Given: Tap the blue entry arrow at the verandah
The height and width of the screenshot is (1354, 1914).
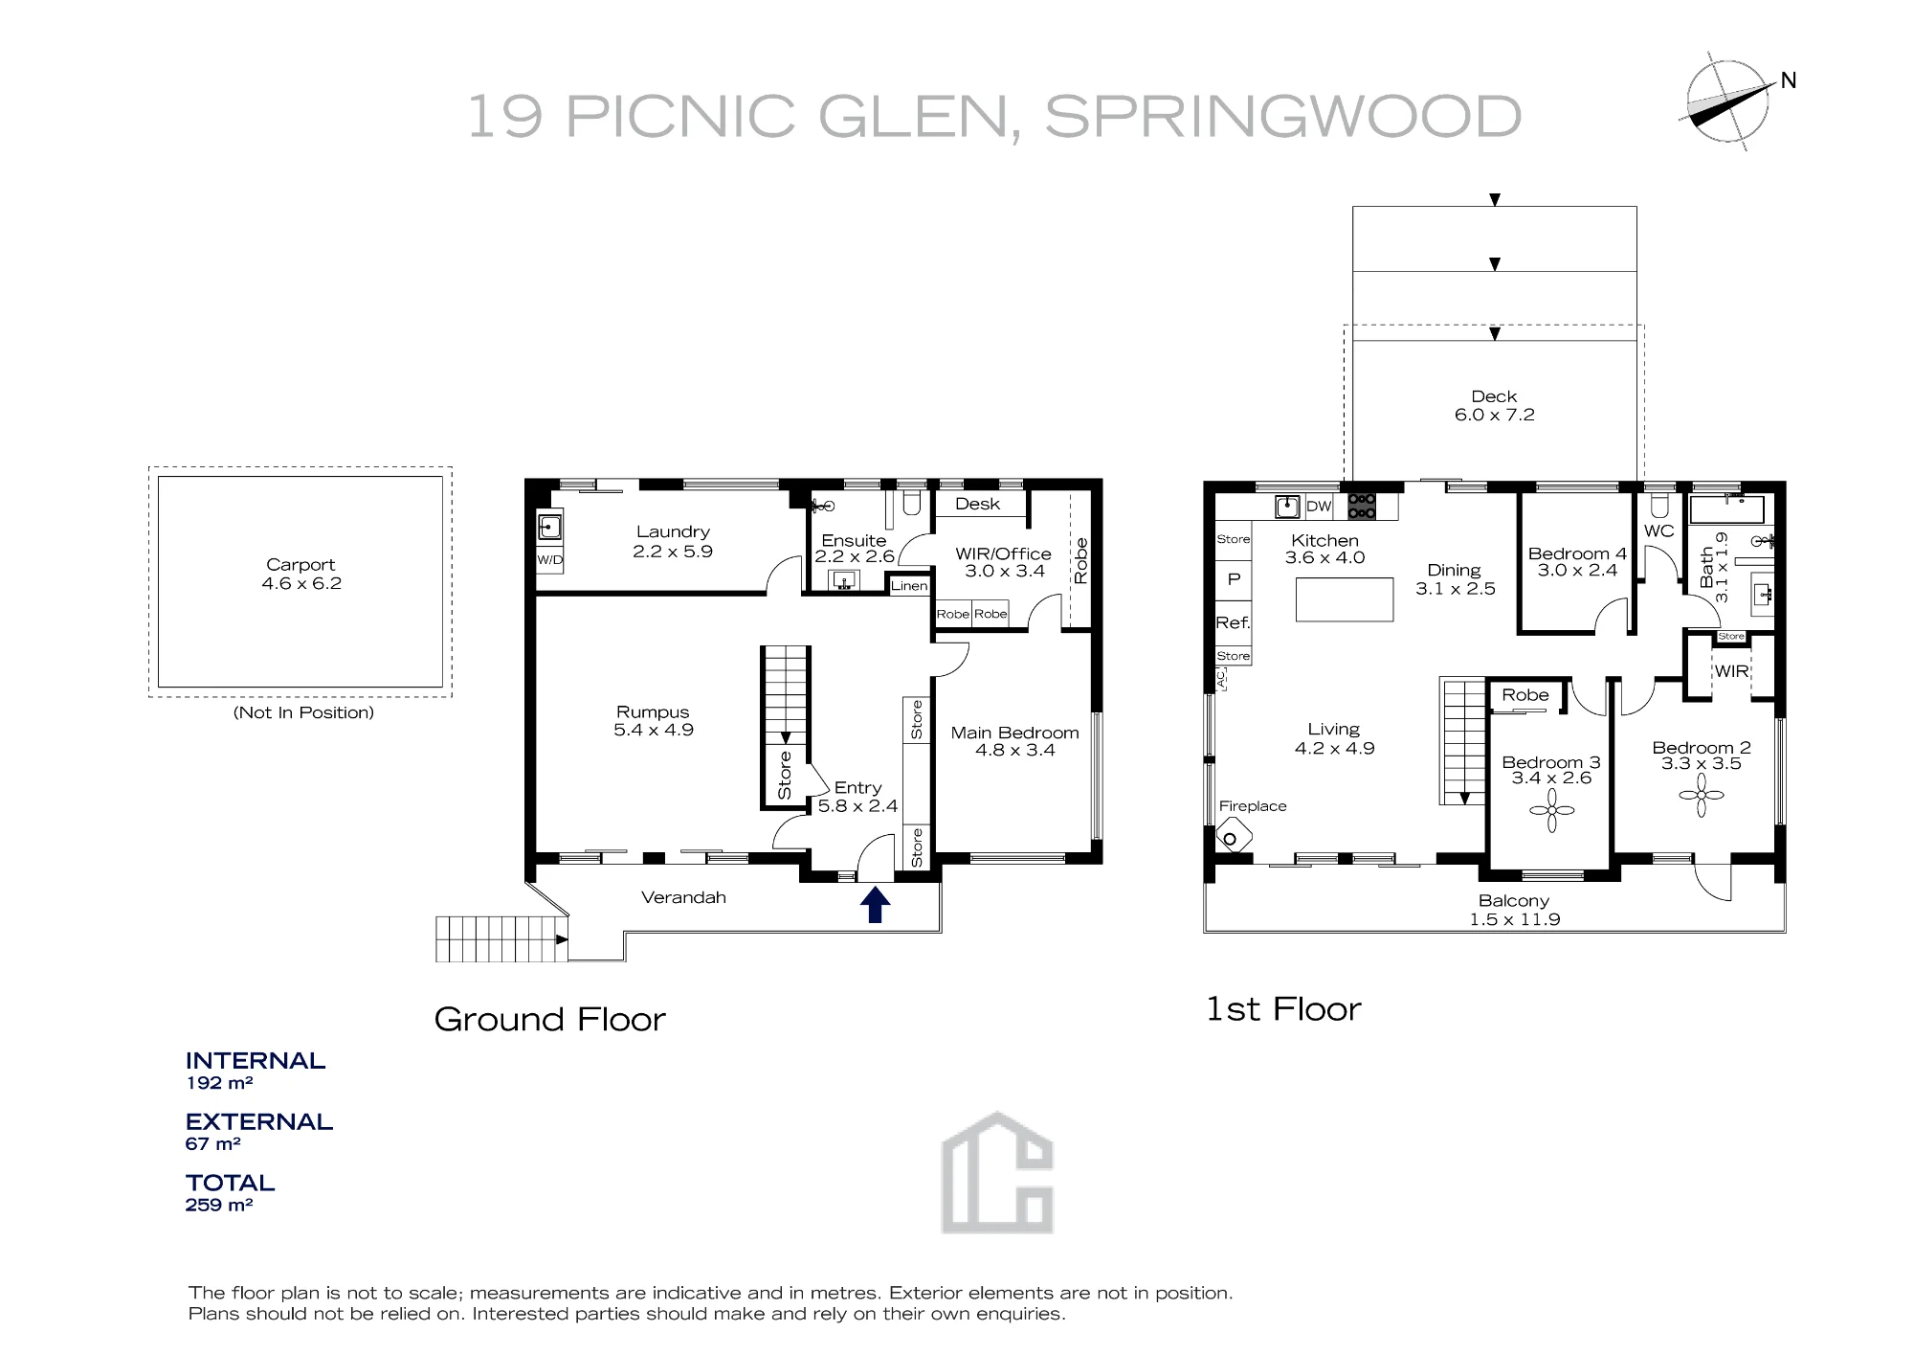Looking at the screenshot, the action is (x=875, y=905).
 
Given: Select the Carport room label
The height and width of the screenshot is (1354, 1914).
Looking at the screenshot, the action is (x=300, y=565).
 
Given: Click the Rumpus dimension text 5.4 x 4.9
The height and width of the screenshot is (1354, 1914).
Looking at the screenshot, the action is (x=654, y=730).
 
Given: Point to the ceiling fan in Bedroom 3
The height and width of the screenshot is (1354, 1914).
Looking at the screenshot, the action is (x=1551, y=810).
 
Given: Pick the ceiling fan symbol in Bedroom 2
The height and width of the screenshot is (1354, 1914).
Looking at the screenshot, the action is (x=1702, y=795).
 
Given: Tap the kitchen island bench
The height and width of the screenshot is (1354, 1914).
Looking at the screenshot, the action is (x=1345, y=599).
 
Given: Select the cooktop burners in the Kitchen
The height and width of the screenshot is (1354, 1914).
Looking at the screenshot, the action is (x=1362, y=506).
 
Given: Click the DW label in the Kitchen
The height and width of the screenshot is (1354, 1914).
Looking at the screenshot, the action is (x=1319, y=507).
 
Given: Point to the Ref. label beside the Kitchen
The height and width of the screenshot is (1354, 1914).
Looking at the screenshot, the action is (x=1233, y=622).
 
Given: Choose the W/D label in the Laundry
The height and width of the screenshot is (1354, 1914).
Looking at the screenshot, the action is (x=549, y=560).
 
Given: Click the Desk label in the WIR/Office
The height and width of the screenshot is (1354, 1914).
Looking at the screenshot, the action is (x=977, y=504).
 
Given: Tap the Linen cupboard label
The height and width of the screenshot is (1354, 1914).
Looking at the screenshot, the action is (x=909, y=586).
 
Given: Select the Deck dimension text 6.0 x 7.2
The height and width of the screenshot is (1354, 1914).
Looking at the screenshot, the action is (x=1495, y=415).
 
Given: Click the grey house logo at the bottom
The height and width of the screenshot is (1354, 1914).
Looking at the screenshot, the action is (x=997, y=1172).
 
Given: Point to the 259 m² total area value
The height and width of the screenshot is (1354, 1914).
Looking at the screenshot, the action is (x=219, y=1205).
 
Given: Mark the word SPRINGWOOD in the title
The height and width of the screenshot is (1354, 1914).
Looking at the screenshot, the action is (x=1282, y=117).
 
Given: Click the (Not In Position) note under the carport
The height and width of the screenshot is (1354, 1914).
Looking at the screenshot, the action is (x=303, y=712).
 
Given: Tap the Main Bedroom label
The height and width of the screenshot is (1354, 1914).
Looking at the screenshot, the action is (x=1014, y=733).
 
